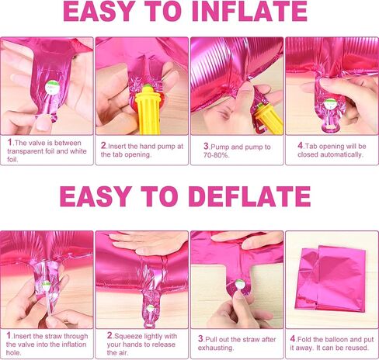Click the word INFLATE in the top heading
249,12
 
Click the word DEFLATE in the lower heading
249,196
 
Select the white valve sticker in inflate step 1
52,87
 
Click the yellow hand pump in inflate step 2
147,111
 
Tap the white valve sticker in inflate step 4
330,104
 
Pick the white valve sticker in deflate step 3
239,284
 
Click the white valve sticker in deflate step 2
150,308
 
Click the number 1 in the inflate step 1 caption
9,142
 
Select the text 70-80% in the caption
217,155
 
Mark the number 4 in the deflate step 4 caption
293,338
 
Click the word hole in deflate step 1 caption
12,353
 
